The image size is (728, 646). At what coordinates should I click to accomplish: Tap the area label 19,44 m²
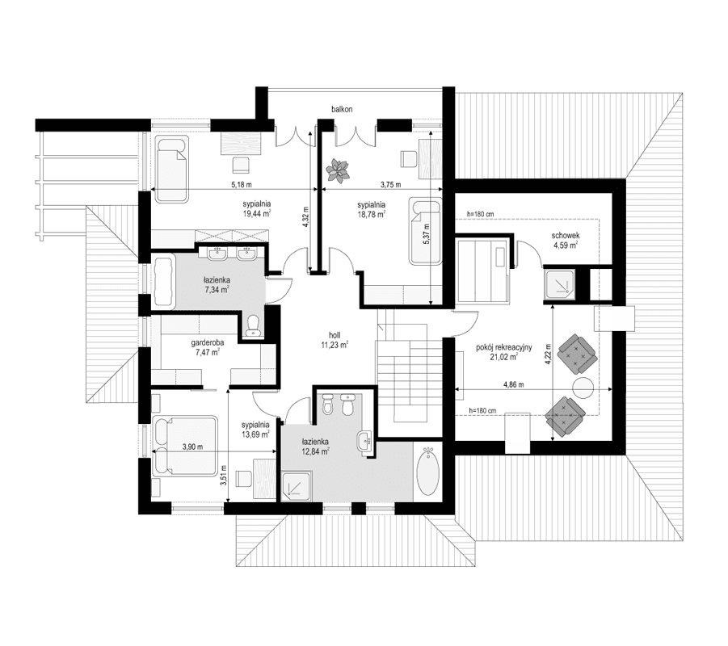pos(255,215)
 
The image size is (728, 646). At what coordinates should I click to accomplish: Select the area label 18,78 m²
pos(371,215)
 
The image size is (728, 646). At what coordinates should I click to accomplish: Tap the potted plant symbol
pos(337,169)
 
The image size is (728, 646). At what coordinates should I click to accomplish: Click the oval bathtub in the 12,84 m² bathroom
pos(427,472)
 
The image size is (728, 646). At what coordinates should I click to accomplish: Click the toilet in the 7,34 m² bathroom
pos(252,324)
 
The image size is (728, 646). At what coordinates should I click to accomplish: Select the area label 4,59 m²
pos(564,247)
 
